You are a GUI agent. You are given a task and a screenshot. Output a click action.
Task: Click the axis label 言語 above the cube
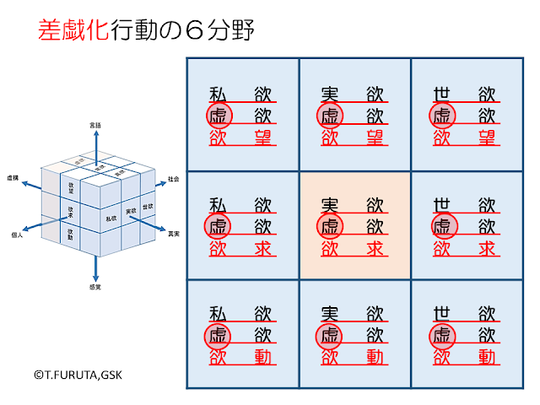(95, 125)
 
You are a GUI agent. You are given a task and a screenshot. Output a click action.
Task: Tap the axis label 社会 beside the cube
(173, 179)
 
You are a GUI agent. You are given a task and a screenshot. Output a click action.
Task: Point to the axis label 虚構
(13, 179)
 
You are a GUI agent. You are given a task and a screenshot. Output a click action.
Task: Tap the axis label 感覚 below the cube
(95, 288)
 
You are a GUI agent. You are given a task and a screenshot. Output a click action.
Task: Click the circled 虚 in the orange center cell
(330, 226)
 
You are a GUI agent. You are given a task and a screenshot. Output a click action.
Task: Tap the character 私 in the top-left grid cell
(218, 94)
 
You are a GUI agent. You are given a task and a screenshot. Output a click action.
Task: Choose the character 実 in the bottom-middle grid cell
(330, 315)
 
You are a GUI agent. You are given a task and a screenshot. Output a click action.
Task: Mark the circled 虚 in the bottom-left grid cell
(218, 337)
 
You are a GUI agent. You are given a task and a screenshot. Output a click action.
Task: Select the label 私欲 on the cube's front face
(110, 219)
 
